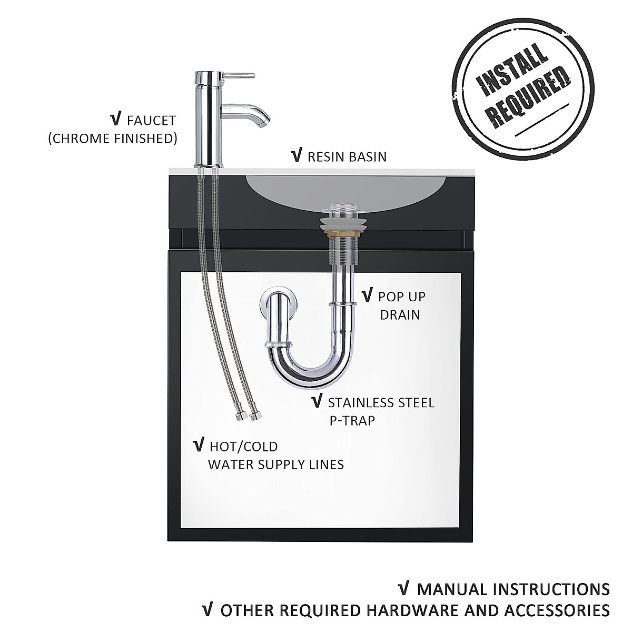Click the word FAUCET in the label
point(151,121)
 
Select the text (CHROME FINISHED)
point(112,139)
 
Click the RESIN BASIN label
point(347,156)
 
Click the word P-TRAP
point(351,421)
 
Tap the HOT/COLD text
point(243,447)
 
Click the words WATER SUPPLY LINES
point(276,465)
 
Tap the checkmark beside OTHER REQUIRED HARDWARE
point(209,610)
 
